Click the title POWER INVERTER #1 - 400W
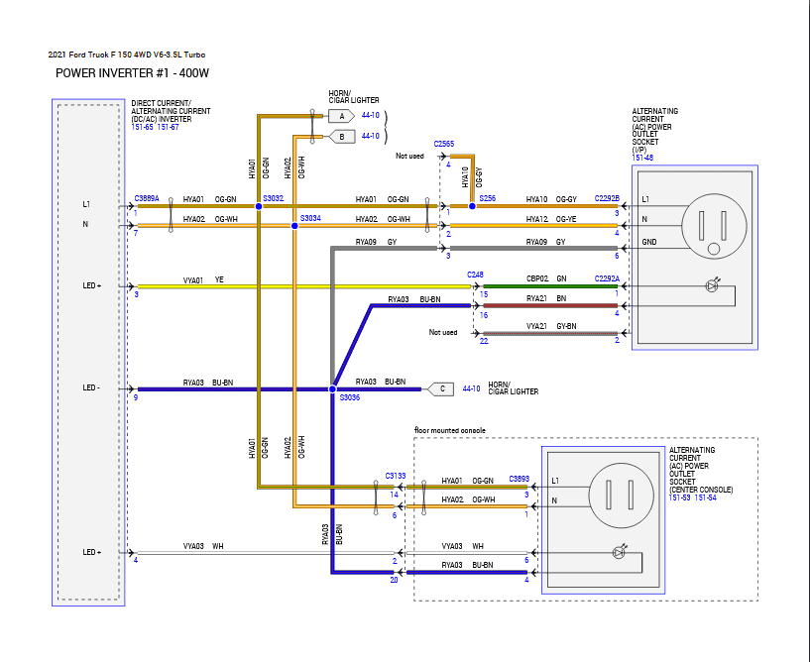pyautogui.click(x=133, y=73)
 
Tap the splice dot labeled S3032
pyautogui.click(x=258, y=206)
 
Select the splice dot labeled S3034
pyautogui.click(x=294, y=226)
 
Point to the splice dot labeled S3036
pyautogui.click(x=332, y=389)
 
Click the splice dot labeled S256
pyautogui.click(x=472, y=206)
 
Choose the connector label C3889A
pyautogui.click(x=147, y=198)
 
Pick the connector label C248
pyautogui.click(x=476, y=275)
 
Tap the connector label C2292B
pyautogui.click(x=607, y=198)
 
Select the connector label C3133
pyautogui.click(x=396, y=477)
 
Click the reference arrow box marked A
pyautogui.click(x=341, y=116)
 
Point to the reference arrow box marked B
pyautogui.click(x=341, y=136)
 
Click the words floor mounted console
pyautogui.click(x=449, y=431)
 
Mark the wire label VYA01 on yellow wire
pyautogui.click(x=192, y=280)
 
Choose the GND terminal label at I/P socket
pyautogui.click(x=648, y=242)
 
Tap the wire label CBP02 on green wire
pyautogui.click(x=535, y=280)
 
